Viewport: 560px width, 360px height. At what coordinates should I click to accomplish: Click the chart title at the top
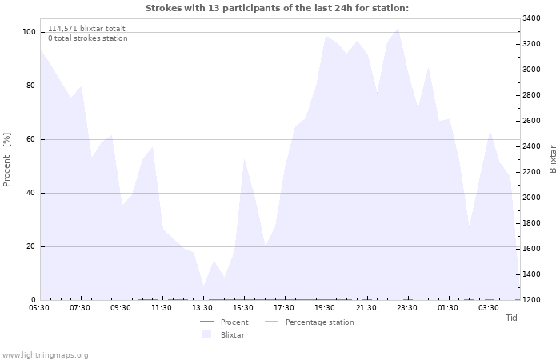pyautogui.click(x=277, y=8)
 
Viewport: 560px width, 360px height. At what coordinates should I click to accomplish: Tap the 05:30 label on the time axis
pyautogui.click(x=39, y=308)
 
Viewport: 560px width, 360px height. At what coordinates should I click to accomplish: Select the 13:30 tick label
pyautogui.click(x=202, y=308)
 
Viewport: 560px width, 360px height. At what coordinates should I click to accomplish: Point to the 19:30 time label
pyautogui.click(x=325, y=308)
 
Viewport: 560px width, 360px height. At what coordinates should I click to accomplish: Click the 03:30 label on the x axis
pyautogui.click(x=488, y=308)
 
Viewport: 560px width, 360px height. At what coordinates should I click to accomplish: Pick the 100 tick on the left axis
pyautogui.click(x=29, y=32)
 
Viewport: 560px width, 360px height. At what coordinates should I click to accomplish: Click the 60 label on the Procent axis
pyautogui.click(x=30, y=139)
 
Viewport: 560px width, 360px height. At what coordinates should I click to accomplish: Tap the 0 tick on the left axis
pyautogui.click(x=34, y=300)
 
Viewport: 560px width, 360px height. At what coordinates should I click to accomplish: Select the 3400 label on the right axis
pyautogui.click(x=531, y=18)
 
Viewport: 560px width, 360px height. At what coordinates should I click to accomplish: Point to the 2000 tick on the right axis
pyautogui.click(x=531, y=198)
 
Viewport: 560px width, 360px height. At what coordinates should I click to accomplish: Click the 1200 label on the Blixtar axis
pyautogui.click(x=531, y=300)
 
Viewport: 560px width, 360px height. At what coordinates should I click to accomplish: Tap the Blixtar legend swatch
pyautogui.click(x=206, y=334)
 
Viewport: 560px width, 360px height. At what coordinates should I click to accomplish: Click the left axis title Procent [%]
pyautogui.click(x=6, y=160)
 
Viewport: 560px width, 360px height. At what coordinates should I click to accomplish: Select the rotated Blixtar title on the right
pyautogui.click(x=553, y=159)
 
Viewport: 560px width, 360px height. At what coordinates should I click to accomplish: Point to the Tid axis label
pyautogui.click(x=511, y=318)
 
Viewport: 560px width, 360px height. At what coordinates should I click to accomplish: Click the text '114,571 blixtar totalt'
pyautogui.click(x=86, y=29)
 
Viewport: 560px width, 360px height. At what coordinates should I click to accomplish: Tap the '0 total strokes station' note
pyautogui.click(x=88, y=38)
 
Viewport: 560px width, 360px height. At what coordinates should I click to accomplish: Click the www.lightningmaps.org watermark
pyautogui.click(x=45, y=355)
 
